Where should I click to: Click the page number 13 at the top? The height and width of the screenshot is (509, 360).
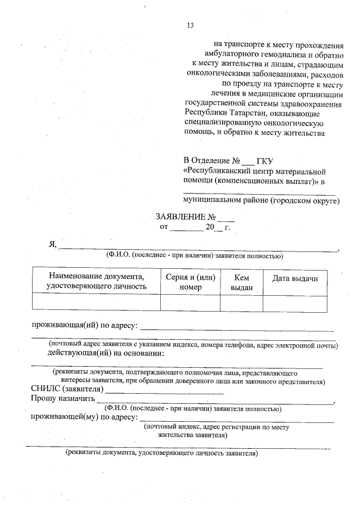[190, 25]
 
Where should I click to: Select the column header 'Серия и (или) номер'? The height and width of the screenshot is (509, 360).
[190, 282]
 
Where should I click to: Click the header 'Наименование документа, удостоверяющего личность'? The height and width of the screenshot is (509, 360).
[97, 282]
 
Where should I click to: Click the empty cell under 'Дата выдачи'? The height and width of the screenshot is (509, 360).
[295, 303]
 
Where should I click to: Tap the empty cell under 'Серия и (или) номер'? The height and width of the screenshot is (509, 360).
[190, 303]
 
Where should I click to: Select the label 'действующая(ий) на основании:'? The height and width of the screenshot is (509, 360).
[106, 353]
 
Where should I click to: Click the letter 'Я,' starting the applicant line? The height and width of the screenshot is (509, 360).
[53, 244]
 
